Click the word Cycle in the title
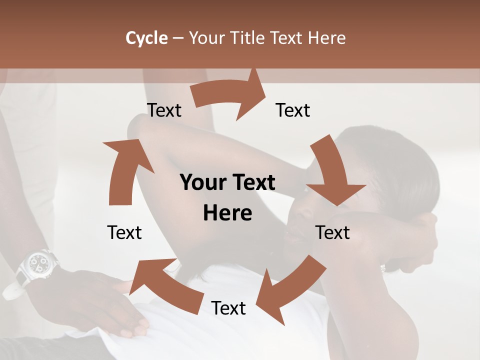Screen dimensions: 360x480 pyautogui.click(x=146, y=38)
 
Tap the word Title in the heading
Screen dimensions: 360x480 pyautogui.click(x=248, y=38)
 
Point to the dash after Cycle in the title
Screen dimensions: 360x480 pyautogui.click(x=178, y=38)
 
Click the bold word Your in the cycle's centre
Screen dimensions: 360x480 pyautogui.click(x=202, y=183)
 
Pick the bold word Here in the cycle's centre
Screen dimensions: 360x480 pyautogui.click(x=227, y=213)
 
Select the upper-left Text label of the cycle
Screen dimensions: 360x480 pyautogui.click(x=164, y=110)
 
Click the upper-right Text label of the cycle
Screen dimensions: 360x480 pyautogui.click(x=293, y=110)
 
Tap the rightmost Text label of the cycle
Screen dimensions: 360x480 pyautogui.click(x=333, y=232)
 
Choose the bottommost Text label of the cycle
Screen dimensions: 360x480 pyautogui.click(x=228, y=308)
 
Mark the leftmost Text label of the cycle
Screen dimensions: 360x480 pyautogui.click(x=124, y=232)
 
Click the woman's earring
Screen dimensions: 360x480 pyautogui.click(x=383, y=269)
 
